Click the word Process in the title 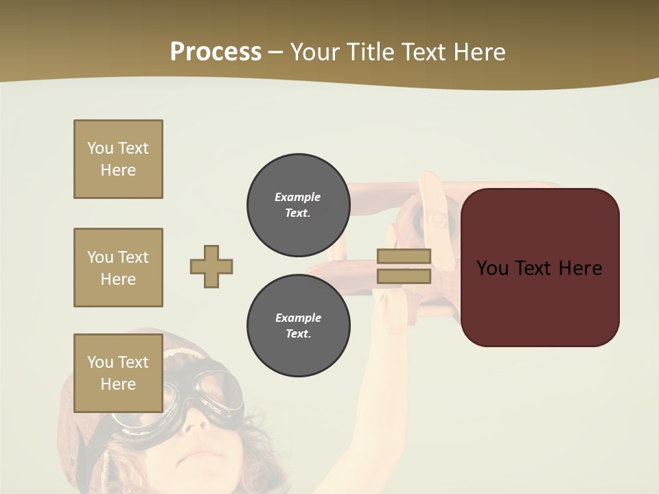click(x=216, y=52)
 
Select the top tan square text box click(x=118, y=159)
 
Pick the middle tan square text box click(x=118, y=268)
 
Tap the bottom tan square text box click(x=118, y=373)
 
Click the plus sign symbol click(x=211, y=266)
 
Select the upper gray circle click(x=298, y=205)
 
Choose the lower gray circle click(x=298, y=326)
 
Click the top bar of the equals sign click(x=404, y=257)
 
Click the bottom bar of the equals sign click(x=404, y=276)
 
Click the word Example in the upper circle click(x=298, y=197)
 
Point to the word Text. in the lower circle click(x=298, y=334)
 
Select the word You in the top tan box click(x=100, y=148)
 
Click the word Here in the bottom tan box click(x=118, y=384)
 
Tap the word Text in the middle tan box click(x=132, y=257)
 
